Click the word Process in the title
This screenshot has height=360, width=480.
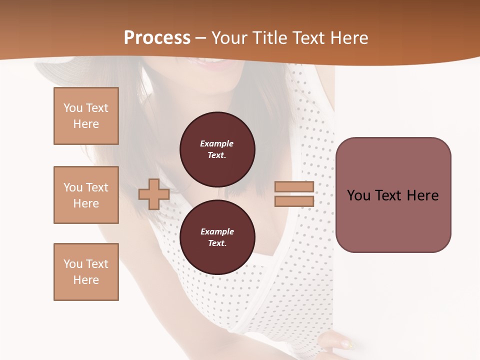[157, 38]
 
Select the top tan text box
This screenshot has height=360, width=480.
[86, 116]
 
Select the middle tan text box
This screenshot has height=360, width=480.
[86, 195]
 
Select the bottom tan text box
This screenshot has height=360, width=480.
[86, 272]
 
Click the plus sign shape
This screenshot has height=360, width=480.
[154, 194]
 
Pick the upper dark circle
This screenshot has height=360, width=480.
[217, 149]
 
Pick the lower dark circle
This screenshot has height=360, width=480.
[217, 237]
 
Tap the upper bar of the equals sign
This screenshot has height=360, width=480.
[294, 187]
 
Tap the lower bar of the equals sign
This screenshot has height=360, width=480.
[294, 201]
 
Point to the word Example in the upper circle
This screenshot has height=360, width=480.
[217, 143]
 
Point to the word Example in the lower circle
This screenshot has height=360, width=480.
[217, 231]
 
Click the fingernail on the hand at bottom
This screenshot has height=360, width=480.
[344, 343]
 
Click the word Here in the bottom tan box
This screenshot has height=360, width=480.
[86, 280]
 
